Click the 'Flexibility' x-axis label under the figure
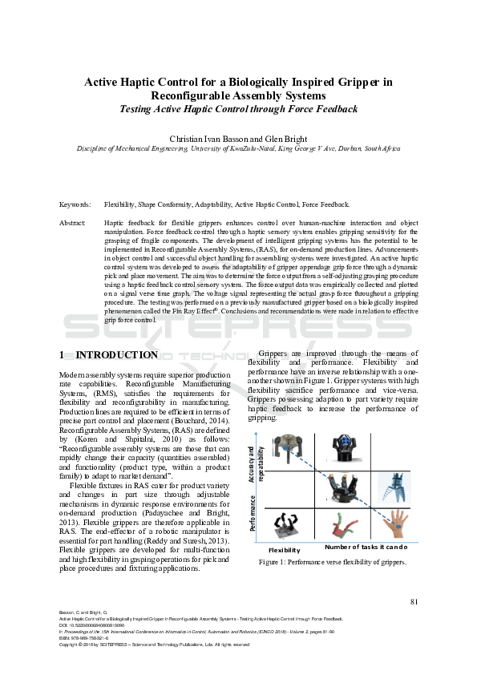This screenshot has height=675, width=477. [284, 551]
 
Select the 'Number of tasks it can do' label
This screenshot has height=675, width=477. [366, 547]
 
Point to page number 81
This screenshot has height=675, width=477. [414, 601]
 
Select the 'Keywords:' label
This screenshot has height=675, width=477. [75, 205]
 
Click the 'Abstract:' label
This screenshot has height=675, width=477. [74, 222]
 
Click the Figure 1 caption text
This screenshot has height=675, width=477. [332, 562]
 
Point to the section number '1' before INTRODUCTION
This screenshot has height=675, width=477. [63, 355]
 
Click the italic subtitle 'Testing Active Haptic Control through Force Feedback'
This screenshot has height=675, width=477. [238, 107]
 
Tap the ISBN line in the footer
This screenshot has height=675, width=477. [83, 637]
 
